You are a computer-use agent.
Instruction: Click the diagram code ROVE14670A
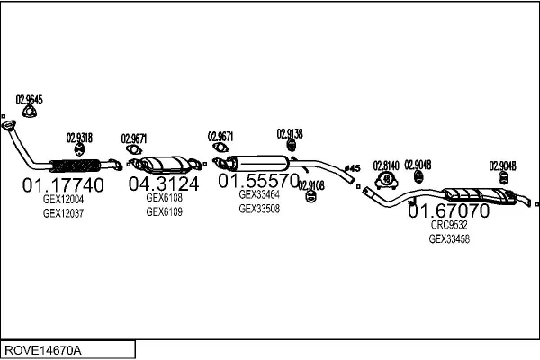43,350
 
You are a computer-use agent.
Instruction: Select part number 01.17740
63,185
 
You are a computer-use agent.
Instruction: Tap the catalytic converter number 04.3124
164,184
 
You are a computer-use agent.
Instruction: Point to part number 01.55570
258,181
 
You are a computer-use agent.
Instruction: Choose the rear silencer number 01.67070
448,211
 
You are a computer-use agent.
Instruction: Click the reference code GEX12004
63,199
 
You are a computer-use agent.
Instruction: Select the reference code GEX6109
165,211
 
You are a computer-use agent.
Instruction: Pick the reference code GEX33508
259,209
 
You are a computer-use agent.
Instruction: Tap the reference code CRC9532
449,225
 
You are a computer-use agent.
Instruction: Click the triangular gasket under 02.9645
30,112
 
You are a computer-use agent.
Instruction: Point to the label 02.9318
79,138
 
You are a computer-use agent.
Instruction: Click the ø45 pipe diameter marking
352,168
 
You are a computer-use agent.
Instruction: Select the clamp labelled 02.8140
386,180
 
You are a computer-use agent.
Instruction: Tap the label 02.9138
290,134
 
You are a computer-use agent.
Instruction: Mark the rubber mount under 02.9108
311,197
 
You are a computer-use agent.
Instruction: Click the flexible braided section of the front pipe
75,166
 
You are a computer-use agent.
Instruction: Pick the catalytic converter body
165,165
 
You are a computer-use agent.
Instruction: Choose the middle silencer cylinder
258,163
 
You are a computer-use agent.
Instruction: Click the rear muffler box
480,195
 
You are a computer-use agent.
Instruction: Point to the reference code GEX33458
449,238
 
